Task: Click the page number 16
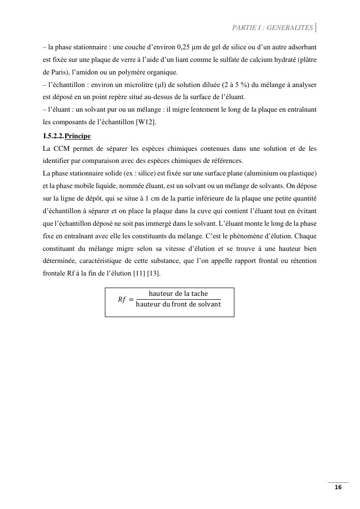pos(338,487)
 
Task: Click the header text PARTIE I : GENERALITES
pos(273,28)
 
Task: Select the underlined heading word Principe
pos(77,136)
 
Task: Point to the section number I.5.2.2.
pos(53,136)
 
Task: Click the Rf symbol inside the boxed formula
pos(122,299)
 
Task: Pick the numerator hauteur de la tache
pos(178,294)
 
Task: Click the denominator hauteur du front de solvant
pos(178,305)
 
